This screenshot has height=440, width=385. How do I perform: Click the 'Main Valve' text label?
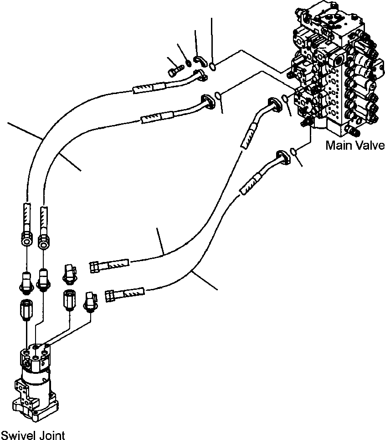click(355, 146)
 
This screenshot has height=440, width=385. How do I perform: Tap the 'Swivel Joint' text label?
click(33, 435)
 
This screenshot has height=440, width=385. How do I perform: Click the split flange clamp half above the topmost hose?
click(199, 61)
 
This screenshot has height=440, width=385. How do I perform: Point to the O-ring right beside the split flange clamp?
click(213, 68)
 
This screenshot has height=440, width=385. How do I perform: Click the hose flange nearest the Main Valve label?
click(282, 156)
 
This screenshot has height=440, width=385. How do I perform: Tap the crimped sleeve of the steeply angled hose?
click(246, 138)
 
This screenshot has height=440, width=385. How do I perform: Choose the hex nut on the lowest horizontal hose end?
click(109, 296)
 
